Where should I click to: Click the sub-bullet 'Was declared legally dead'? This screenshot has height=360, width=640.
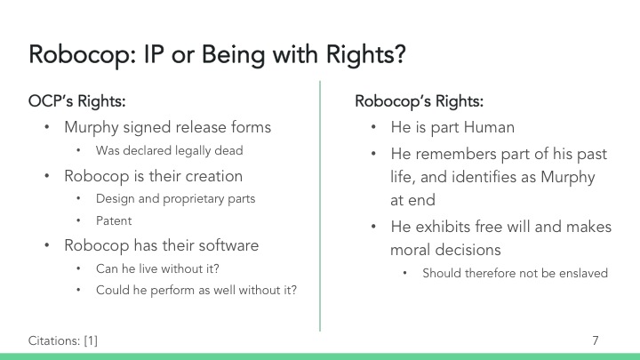(x=168, y=150)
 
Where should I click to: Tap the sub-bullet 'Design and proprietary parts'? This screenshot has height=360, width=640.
(x=175, y=198)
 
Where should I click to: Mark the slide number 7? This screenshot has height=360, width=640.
(x=595, y=340)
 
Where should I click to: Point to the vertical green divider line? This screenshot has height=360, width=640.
(x=320, y=204)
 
